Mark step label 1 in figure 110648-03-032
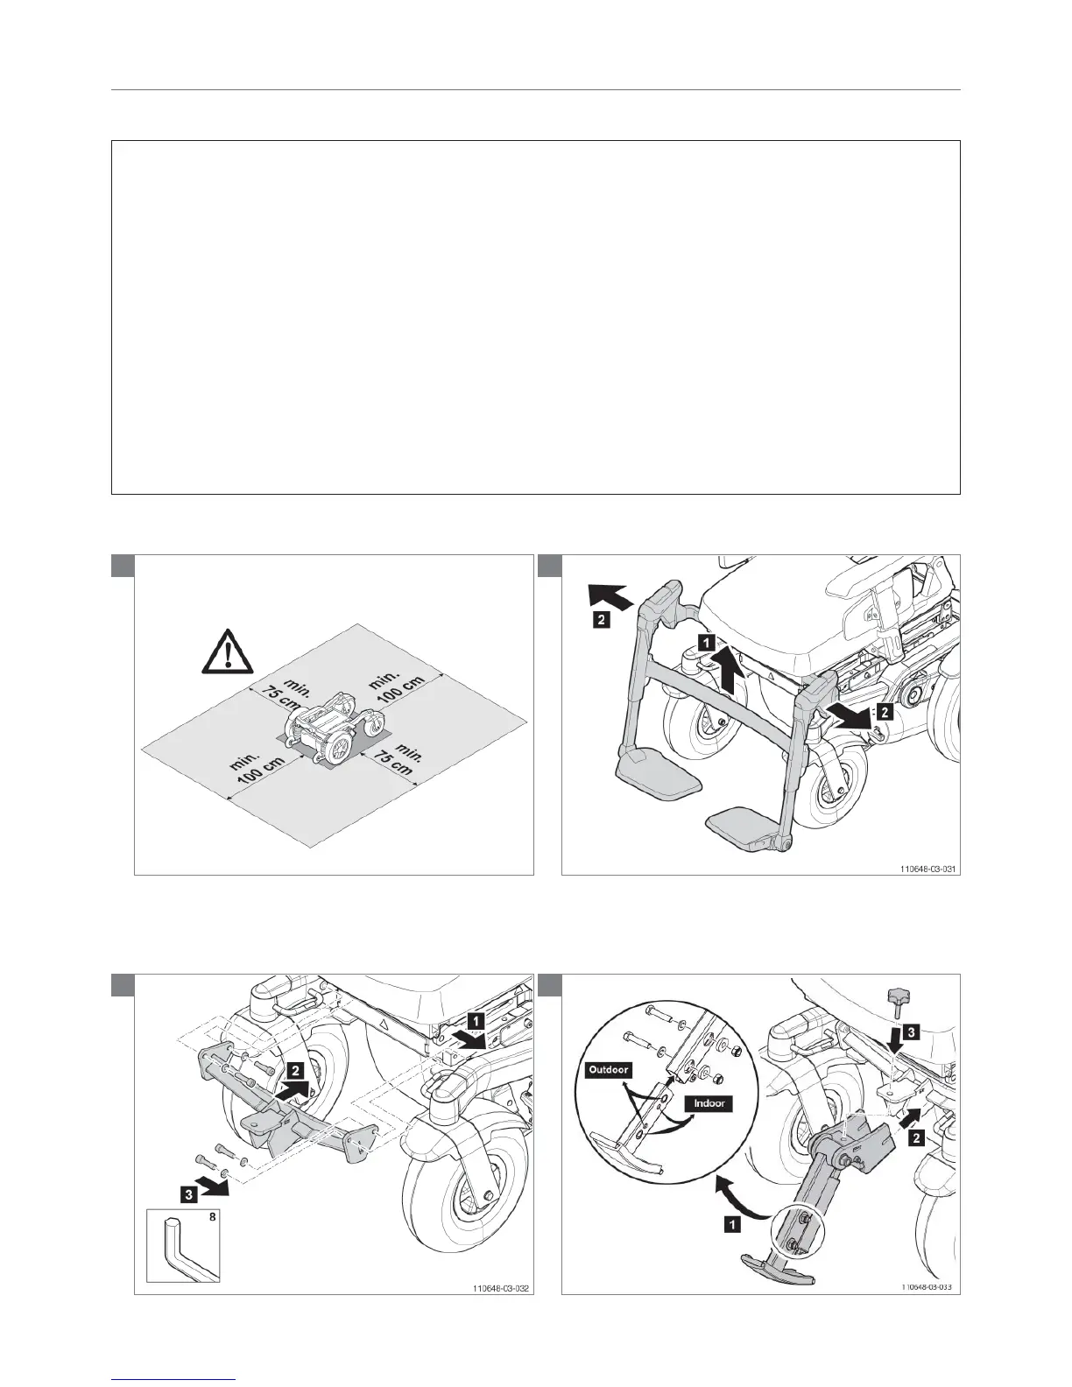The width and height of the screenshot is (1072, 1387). click(473, 1020)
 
